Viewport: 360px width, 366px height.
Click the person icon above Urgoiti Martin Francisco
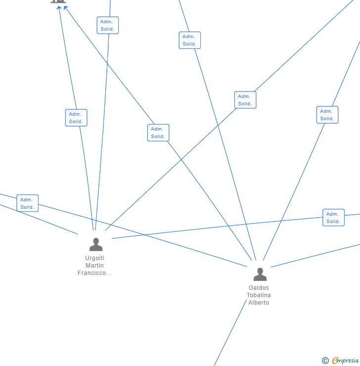point(96,244)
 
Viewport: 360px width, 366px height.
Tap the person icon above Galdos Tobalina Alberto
point(260,274)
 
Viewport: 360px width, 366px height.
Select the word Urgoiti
point(94,258)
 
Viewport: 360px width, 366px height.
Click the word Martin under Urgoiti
point(94,266)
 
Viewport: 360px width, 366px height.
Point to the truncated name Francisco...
point(94,273)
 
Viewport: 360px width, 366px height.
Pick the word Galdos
point(259,288)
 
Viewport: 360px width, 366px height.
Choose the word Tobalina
point(259,295)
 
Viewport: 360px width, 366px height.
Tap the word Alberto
point(259,303)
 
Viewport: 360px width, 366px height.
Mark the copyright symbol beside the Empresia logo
point(325,361)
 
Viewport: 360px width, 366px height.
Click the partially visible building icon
point(58,1)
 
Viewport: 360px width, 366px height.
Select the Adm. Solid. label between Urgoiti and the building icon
point(76,118)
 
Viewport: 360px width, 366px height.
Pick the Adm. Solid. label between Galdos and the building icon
point(158,133)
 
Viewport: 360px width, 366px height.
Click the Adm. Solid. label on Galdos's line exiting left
point(27,203)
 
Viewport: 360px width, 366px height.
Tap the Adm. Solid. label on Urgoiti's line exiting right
point(333,218)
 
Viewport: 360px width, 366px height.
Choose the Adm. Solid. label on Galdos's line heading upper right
point(327,115)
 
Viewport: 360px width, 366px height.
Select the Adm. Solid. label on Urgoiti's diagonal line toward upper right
point(245,100)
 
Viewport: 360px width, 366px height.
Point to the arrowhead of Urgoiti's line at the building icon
point(59,7)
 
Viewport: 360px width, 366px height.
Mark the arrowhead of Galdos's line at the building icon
point(65,7)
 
